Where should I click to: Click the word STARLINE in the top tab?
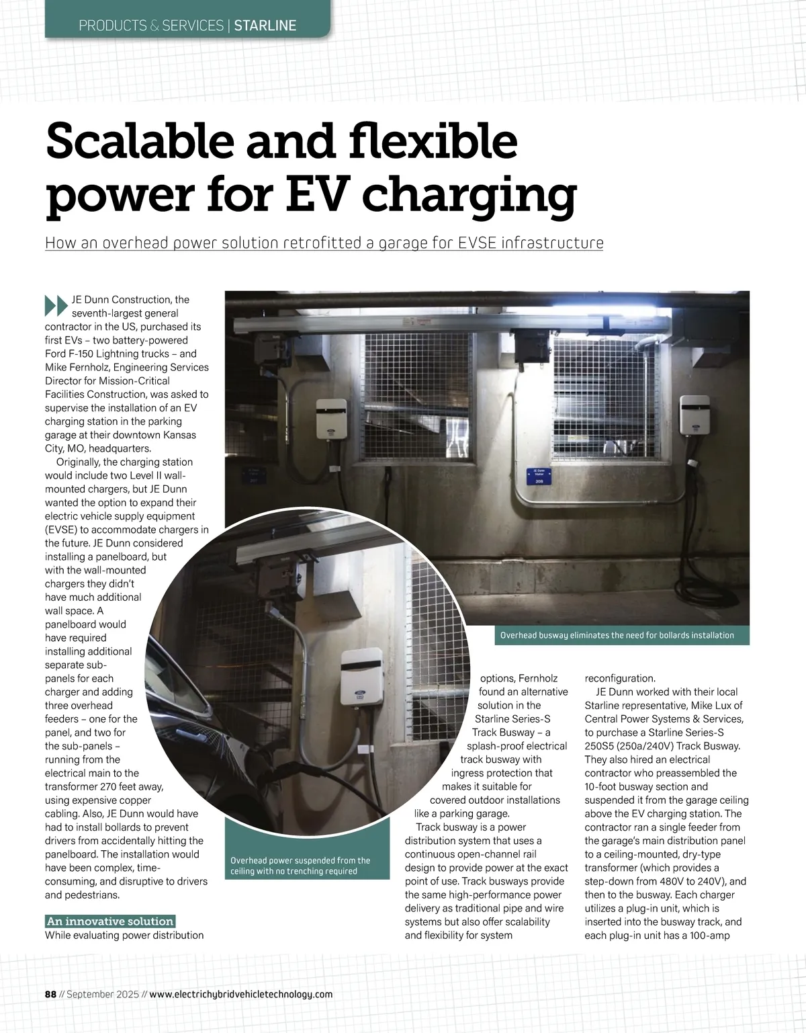[x=265, y=26]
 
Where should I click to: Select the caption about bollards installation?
[x=617, y=635]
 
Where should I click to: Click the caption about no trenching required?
[x=300, y=866]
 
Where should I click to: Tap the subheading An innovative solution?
[x=109, y=921]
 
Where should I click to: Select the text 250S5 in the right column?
[x=602, y=746]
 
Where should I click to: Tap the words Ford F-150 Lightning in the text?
[x=107, y=354]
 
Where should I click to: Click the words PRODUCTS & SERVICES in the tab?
[x=151, y=26]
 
